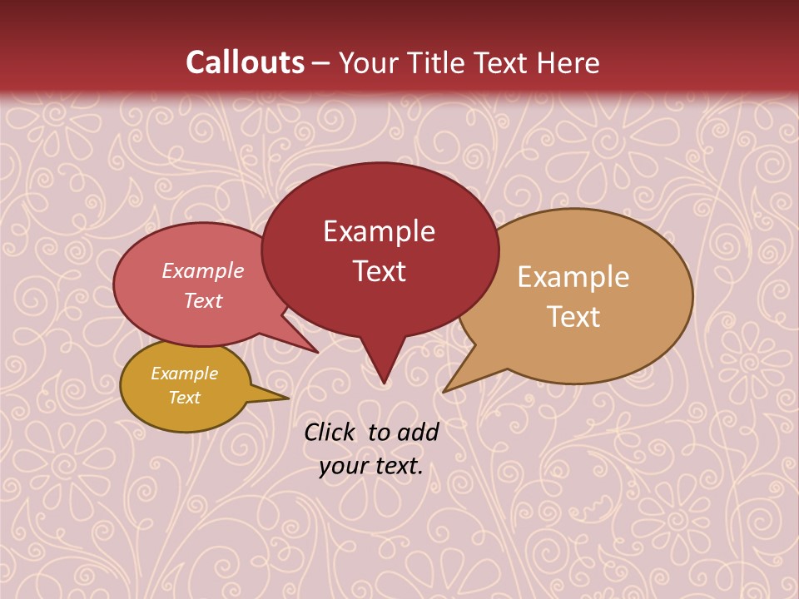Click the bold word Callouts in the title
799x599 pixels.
tap(245, 62)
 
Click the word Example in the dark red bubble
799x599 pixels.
tap(379, 231)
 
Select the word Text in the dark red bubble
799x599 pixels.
tap(379, 271)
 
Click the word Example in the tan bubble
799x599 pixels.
tap(573, 277)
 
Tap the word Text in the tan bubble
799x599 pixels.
tap(573, 317)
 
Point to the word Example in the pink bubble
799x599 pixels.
tap(202, 271)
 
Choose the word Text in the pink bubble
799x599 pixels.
tap(202, 301)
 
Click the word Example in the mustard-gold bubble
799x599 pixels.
tap(184, 374)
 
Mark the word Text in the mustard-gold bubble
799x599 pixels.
tap(184, 398)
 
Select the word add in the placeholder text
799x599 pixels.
tap(418, 432)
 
